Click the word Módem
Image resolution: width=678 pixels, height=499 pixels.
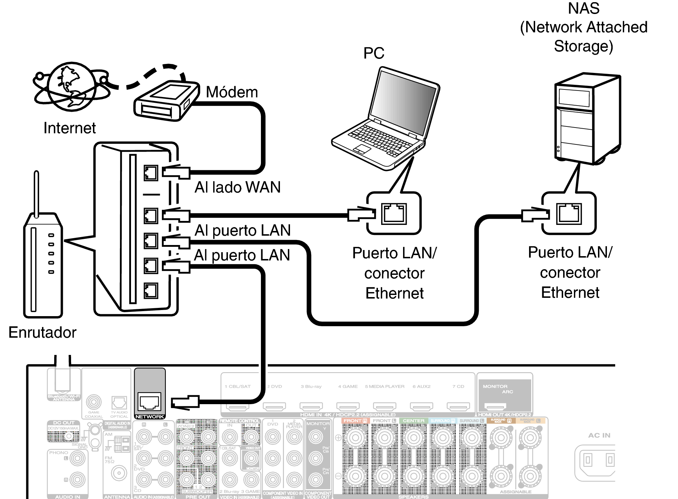click(x=232, y=92)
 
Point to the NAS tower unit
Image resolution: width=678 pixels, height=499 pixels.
click(x=587, y=119)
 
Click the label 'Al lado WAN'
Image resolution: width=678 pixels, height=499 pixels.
click(x=238, y=187)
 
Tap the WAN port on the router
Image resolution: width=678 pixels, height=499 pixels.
click(x=151, y=173)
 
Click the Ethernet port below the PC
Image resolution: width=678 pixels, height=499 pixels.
click(x=394, y=214)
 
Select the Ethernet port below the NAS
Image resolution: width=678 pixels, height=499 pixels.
click(x=569, y=213)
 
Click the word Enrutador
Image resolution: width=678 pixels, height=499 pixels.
click(x=42, y=332)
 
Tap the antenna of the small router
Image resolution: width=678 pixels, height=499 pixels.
click(x=36, y=194)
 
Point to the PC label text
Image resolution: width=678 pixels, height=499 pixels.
click(x=374, y=53)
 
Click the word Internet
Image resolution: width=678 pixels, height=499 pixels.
click(x=70, y=128)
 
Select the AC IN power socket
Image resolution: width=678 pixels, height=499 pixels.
click(x=598, y=460)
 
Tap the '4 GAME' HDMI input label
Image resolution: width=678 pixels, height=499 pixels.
click(x=347, y=387)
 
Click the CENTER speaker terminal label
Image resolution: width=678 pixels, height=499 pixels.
click(x=413, y=421)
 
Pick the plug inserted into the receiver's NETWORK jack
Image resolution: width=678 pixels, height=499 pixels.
click(x=185, y=402)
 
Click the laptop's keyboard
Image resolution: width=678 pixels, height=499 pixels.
click(x=380, y=140)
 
